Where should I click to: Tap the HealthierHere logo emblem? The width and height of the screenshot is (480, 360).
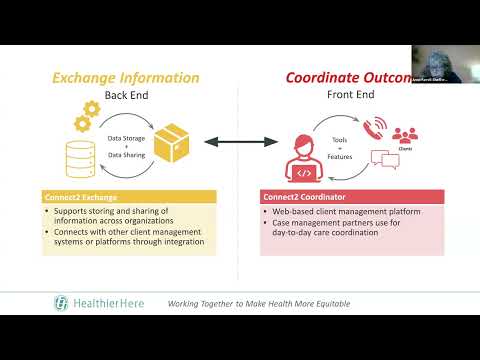63,302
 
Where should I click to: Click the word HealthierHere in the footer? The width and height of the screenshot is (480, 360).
110,302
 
